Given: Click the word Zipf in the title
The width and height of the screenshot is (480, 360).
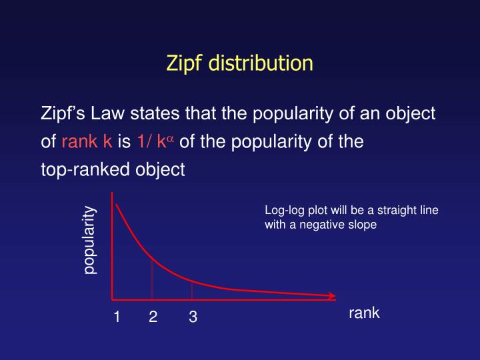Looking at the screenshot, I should click(x=185, y=64).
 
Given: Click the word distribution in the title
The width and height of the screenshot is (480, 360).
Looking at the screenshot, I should click(x=261, y=64).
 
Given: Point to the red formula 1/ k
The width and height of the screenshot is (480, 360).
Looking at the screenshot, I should click(x=151, y=142).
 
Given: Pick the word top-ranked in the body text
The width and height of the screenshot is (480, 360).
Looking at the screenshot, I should click(x=78, y=170).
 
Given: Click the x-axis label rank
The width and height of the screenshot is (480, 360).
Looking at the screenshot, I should click(x=364, y=313).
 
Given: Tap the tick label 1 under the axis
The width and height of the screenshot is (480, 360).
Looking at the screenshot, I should click(x=117, y=318).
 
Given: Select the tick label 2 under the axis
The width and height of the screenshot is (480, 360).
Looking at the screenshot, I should click(x=153, y=318).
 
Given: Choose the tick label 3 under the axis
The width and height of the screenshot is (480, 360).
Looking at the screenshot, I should click(x=193, y=318).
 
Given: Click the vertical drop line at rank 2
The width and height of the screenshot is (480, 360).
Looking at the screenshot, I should click(x=152, y=278).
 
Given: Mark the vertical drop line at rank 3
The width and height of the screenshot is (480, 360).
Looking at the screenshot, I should click(x=192, y=290).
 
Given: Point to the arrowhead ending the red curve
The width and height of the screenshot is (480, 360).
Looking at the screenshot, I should click(x=332, y=295).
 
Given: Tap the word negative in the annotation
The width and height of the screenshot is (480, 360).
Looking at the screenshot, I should click(x=321, y=225).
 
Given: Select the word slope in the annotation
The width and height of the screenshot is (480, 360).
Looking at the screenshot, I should click(x=363, y=225).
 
